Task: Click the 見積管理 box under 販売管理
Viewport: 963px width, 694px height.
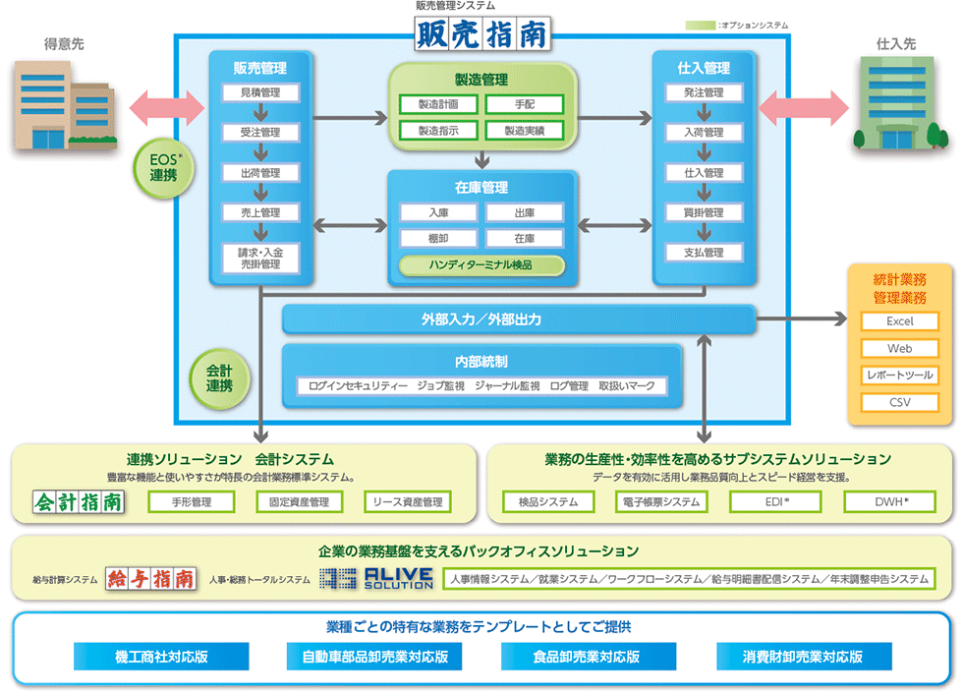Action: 260,92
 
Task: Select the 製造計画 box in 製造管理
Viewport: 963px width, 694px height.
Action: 438,104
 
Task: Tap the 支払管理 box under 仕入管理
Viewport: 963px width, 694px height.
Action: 704,253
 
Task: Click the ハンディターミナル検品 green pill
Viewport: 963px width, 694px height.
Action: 481,265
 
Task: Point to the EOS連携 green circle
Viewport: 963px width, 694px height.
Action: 164,168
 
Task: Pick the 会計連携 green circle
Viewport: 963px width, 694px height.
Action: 219,378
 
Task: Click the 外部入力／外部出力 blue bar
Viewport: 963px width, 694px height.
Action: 519,319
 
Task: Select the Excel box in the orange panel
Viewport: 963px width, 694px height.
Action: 900,321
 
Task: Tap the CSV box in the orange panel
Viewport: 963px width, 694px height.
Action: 900,402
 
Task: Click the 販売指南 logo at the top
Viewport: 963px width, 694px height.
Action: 482,33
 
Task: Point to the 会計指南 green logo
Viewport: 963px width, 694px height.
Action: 79,501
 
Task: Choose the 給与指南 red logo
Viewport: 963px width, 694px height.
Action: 151,579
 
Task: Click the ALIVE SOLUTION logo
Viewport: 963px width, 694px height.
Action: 376,579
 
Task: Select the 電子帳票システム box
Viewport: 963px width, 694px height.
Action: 661,501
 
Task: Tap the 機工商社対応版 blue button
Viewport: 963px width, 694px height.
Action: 161,657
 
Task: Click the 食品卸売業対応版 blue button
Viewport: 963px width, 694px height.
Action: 589,657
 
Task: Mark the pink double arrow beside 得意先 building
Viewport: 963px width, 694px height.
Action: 167,108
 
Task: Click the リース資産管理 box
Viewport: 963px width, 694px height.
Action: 408,501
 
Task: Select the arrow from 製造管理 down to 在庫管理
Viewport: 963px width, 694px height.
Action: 482,159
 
